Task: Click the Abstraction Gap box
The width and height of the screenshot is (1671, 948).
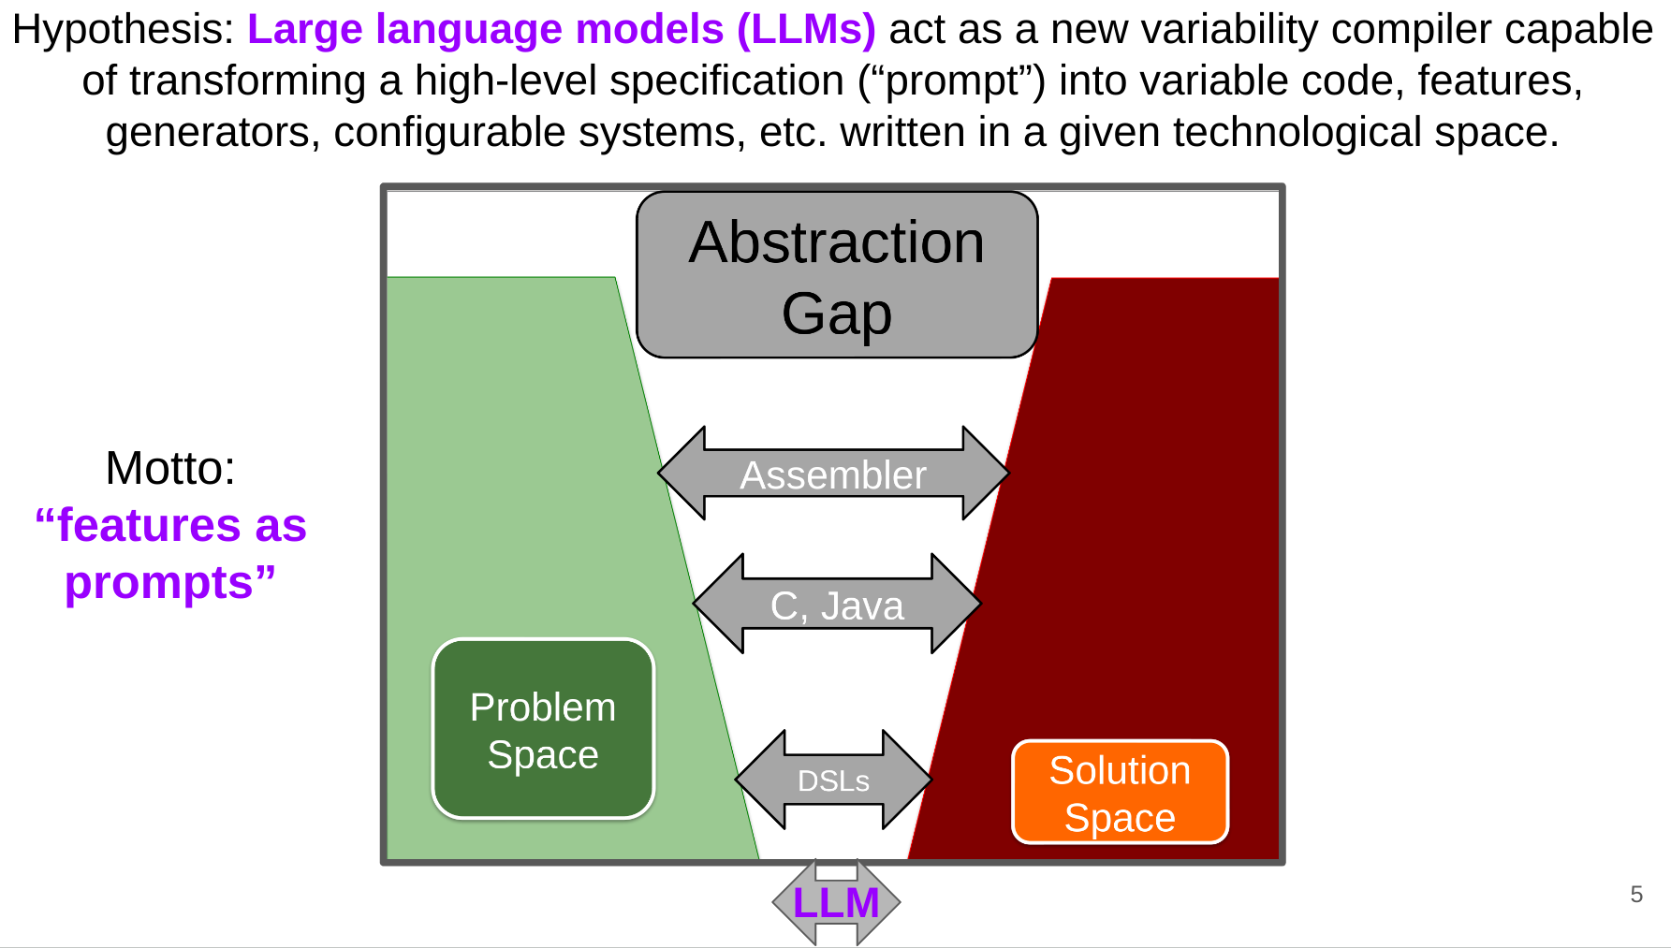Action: (837, 275)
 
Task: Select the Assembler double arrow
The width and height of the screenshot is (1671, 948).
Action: (833, 474)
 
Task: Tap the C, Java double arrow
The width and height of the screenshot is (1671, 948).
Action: (837, 604)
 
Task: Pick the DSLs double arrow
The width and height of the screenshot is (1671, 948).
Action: (833, 780)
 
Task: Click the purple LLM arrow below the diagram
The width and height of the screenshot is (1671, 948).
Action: (836, 902)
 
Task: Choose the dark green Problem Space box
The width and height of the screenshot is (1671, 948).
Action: (543, 729)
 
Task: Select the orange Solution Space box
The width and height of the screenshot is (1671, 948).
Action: (1120, 793)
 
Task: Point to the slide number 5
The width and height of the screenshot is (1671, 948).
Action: (1636, 895)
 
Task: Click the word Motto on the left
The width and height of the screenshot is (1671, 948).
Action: (170, 468)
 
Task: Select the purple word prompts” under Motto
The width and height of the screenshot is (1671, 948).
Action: (170, 583)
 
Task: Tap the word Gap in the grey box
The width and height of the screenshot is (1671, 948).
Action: (837, 313)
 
